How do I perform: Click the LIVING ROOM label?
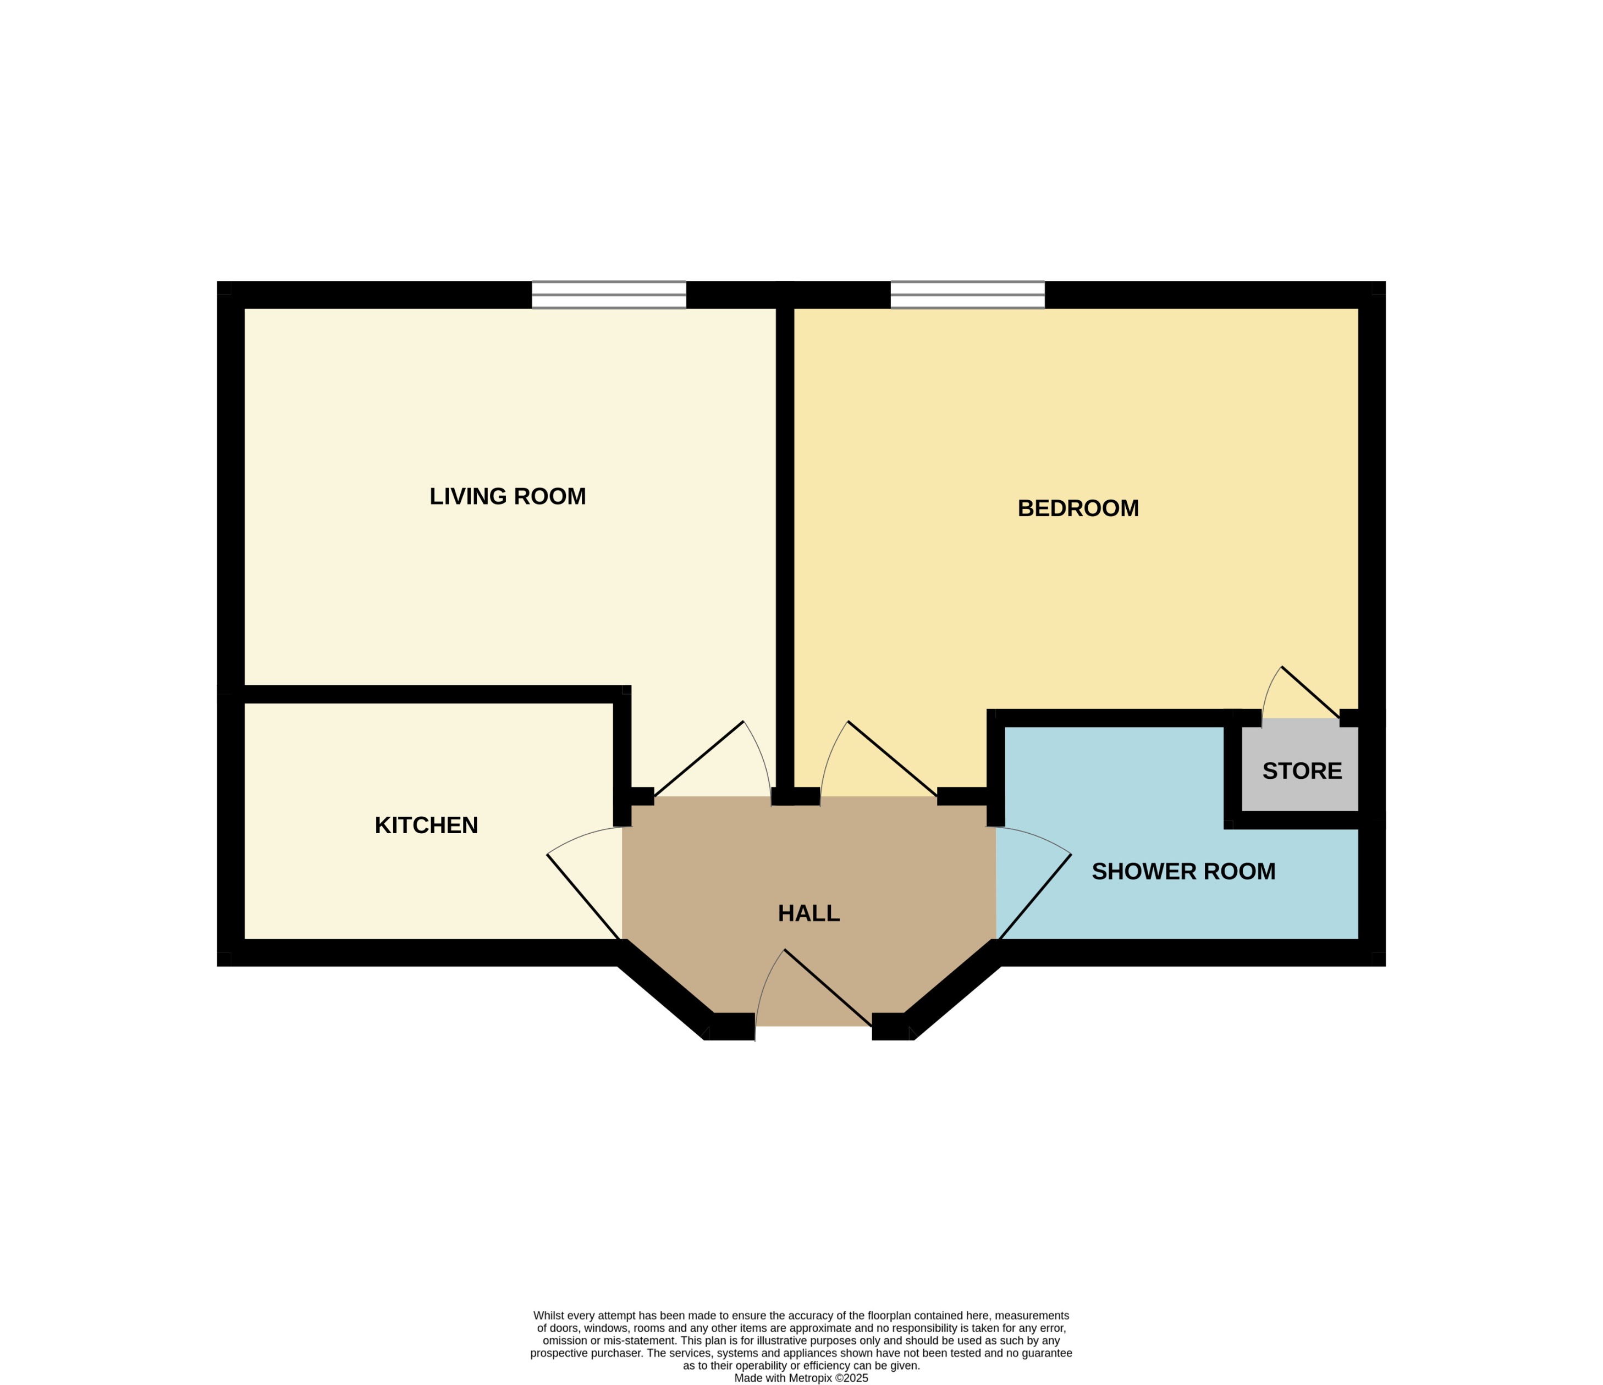(508, 496)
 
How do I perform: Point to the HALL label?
(808, 913)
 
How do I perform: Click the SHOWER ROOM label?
(1183, 872)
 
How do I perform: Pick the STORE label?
(1302, 771)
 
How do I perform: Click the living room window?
(609, 295)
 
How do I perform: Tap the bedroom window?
(967, 295)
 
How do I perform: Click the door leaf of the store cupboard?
(1310, 692)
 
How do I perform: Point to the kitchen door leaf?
(584, 897)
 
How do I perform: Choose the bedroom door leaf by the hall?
(893, 758)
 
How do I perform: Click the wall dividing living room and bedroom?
(785, 541)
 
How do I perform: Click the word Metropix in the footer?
(810, 1378)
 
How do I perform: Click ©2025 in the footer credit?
(851, 1378)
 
